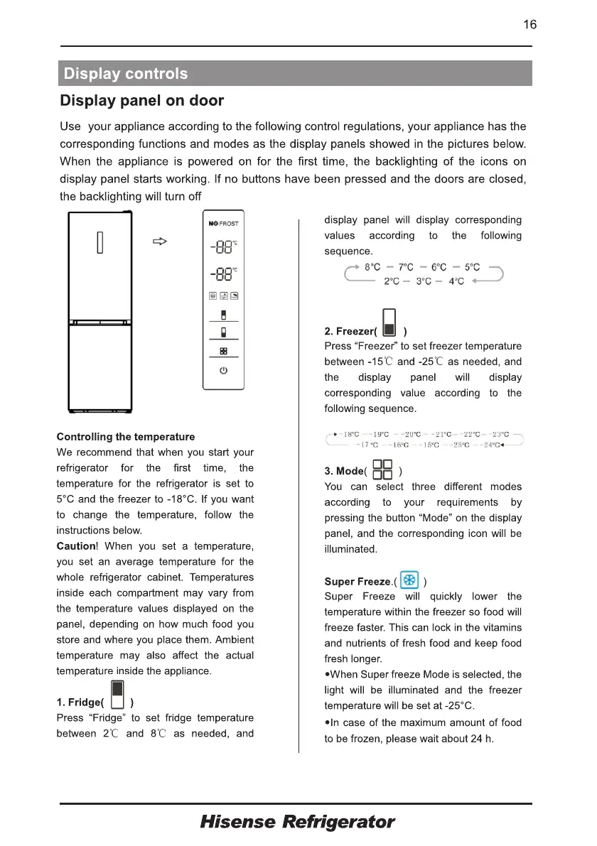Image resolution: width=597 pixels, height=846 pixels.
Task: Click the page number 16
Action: coord(529,25)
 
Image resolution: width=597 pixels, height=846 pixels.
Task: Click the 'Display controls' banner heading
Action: coord(126,74)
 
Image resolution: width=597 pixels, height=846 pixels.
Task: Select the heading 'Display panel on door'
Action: coord(142,101)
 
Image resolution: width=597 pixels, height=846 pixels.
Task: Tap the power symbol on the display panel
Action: coord(223,371)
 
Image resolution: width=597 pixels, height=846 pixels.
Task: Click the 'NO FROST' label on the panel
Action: coord(223,223)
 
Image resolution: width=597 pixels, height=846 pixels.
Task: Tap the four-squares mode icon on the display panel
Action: coord(223,351)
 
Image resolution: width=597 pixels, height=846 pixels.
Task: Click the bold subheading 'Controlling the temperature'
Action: coord(125,437)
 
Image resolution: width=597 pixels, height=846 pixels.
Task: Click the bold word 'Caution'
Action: coord(75,546)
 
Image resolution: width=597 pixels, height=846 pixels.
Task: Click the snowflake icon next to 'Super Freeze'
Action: coord(409,580)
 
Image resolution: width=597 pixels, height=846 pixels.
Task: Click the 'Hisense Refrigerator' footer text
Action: coord(297,823)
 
